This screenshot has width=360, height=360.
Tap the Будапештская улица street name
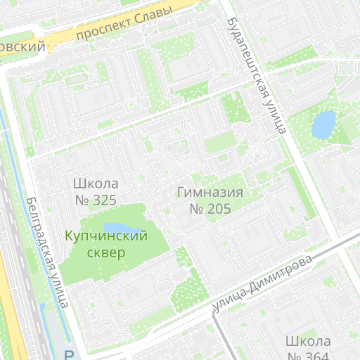click(256, 75)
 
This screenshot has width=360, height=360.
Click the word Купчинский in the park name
click(106, 236)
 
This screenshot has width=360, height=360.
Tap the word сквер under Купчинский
click(106, 252)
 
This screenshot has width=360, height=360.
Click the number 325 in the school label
click(104, 200)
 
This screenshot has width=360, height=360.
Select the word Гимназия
click(210, 193)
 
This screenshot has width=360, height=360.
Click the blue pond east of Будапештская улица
click(323, 125)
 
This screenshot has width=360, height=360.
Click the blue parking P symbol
click(69, 355)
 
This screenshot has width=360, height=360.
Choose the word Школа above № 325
click(95, 184)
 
